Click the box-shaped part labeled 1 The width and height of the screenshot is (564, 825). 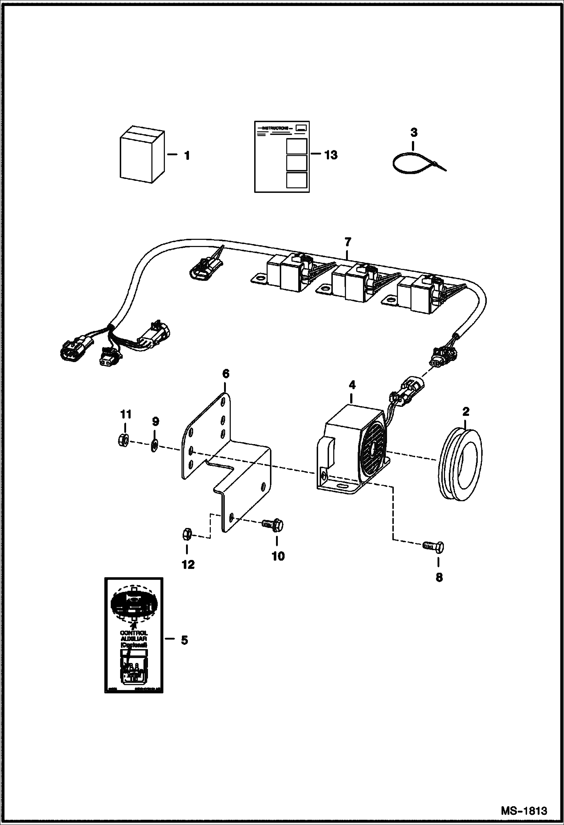point(142,156)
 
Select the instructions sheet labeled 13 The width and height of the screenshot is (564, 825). point(282,157)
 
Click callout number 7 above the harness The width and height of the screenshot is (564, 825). point(347,242)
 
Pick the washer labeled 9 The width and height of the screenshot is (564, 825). point(154,446)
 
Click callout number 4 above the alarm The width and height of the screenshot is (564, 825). point(352,385)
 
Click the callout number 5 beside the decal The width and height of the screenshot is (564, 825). point(184,640)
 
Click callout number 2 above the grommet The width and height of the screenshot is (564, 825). point(466,411)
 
